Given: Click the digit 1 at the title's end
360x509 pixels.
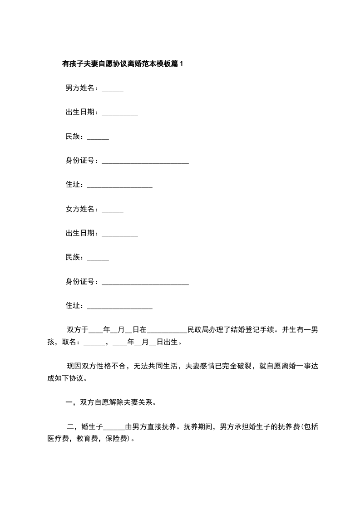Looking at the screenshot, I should (182, 64).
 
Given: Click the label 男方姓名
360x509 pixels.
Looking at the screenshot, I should (81, 88).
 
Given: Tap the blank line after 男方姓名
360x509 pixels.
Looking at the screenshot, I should (113, 90).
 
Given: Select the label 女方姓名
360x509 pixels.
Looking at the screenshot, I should (81, 209).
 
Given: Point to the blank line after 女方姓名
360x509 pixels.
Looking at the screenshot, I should (113, 211).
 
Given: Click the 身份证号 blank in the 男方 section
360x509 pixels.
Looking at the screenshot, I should (145, 162).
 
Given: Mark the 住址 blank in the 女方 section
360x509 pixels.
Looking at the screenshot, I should (119, 308).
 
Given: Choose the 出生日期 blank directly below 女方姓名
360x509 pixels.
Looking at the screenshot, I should (120, 235).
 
